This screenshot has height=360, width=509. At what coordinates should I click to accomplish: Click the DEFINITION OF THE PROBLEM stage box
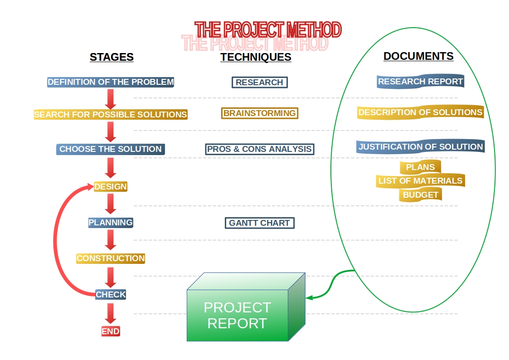click(111, 83)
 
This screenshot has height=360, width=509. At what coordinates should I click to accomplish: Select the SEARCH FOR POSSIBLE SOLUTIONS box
click(111, 115)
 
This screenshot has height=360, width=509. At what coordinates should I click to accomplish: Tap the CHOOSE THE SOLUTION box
click(111, 149)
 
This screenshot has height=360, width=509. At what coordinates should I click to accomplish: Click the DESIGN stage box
click(111, 186)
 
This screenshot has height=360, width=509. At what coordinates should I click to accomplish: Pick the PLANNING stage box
click(111, 223)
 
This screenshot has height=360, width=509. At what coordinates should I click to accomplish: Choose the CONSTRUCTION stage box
click(111, 258)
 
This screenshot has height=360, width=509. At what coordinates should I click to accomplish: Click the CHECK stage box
click(111, 294)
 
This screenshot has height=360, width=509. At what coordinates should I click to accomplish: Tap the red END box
click(111, 331)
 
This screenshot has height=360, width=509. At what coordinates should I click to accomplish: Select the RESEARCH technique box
click(260, 83)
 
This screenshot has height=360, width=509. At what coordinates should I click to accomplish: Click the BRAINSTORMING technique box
click(260, 113)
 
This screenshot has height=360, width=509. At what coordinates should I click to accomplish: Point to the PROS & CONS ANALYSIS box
click(260, 149)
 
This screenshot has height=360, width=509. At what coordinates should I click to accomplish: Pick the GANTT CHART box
click(260, 223)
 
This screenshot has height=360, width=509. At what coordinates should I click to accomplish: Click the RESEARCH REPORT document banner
click(420, 82)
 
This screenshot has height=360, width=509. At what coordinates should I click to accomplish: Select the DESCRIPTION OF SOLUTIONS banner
click(420, 112)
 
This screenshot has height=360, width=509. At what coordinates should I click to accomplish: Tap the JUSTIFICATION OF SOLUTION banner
click(420, 147)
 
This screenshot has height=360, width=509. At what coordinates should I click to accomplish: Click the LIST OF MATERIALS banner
click(420, 181)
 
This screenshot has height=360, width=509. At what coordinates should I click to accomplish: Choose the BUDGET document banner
click(421, 195)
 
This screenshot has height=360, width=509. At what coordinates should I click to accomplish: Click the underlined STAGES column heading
click(111, 57)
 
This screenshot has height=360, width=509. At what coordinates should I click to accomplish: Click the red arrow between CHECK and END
click(111, 313)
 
